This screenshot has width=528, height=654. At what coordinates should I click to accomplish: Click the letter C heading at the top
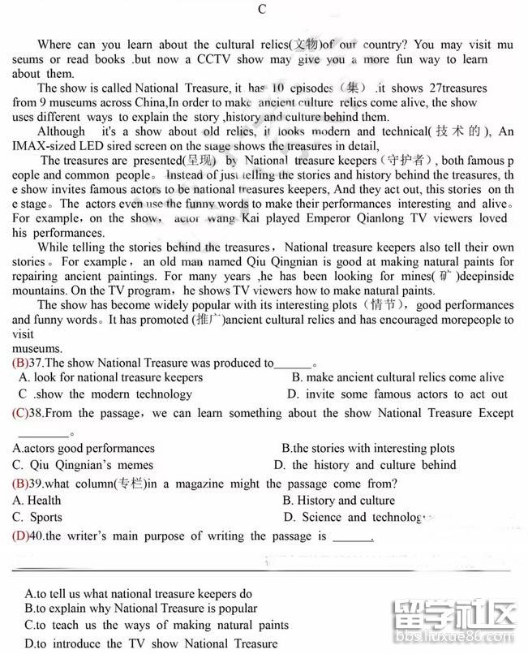click(x=261, y=10)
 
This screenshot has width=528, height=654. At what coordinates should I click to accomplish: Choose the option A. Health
click(x=36, y=501)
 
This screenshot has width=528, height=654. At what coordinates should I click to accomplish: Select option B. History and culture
click(x=338, y=501)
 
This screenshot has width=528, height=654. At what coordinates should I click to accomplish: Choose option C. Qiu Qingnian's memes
click(x=83, y=465)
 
